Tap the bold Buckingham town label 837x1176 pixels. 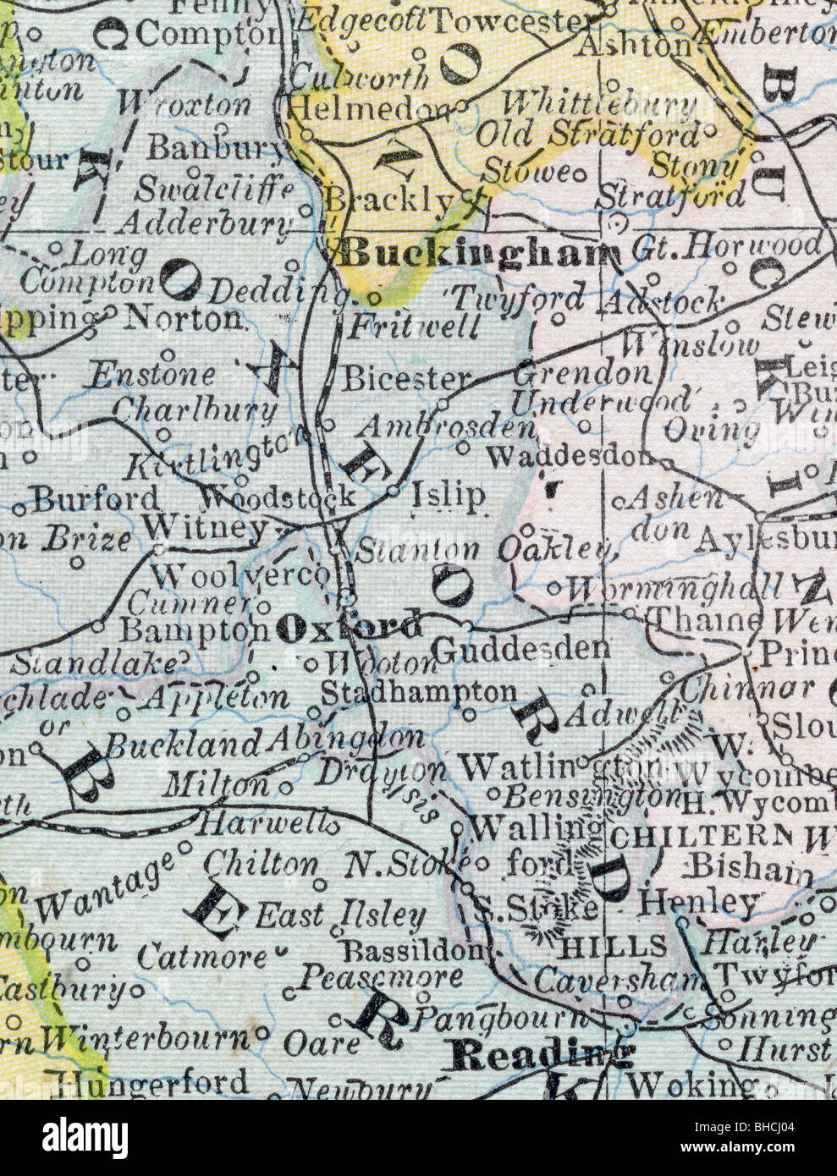click(479, 252)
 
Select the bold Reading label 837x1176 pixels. click(542, 1054)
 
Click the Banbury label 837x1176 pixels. click(215, 148)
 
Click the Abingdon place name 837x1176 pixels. click(345, 739)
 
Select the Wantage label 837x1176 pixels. click(105, 885)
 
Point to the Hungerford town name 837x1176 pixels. click(150, 1082)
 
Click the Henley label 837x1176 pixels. click(699, 903)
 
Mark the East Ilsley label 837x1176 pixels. click(341, 915)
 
